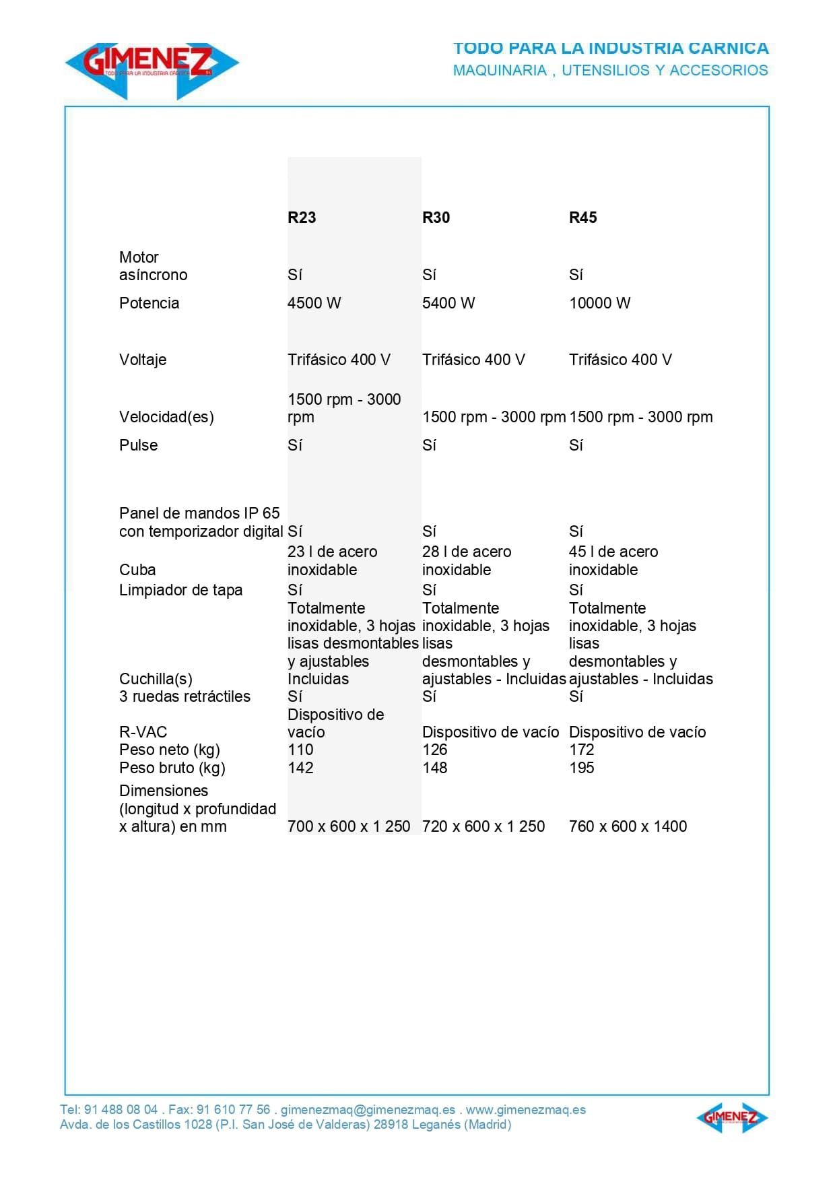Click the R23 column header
pyautogui.click(x=302, y=218)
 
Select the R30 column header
pyautogui.click(x=436, y=218)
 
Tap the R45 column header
pyautogui.click(x=582, y=218)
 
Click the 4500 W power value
pyautogui.click(x=314, y=303)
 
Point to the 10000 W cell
pyautogui.click(x=599, y=303)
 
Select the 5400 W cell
pyautogui.click(x=448, y=303)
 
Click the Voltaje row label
pyautogui.click(x=143, y=360)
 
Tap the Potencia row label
pyautogui.click(x=149, y=303)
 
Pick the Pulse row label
pyautogui.click(x=138, y=445)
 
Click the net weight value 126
pyautogui.click(x=435, y=750)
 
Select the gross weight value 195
pyautogui.click(x=581, y=768)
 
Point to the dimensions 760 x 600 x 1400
pyautogui.click(x=628, y=826)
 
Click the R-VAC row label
pyautogui.click(x=143, y=732)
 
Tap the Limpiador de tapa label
pyautogui.click(x=180, y=590)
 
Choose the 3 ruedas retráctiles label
pyautogui.click(x=185, y=696)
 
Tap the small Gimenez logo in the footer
pyautogui.click(x=732, y=1117)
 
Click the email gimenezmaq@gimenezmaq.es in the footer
pyautogui.click(x=368, y=1109)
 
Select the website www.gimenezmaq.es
pyautogui.click(x=525, y=1109)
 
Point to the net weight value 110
pyautogui.click(x=300, y=750)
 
